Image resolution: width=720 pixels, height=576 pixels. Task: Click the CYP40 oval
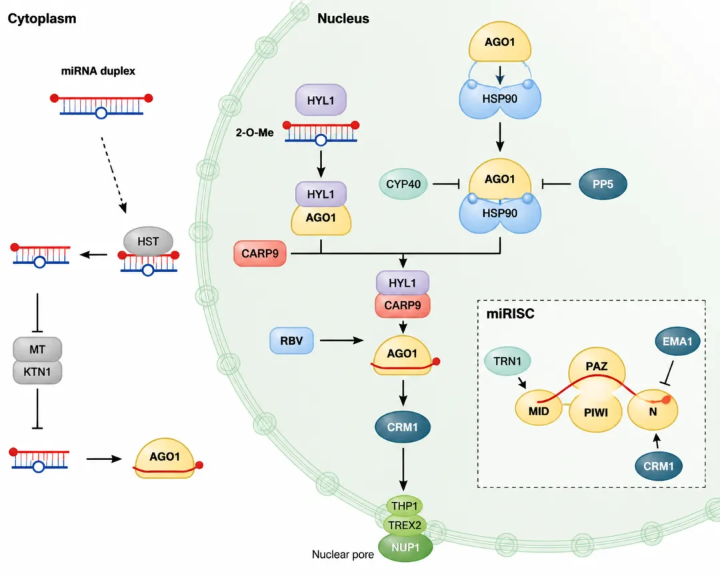(x=403, y=184)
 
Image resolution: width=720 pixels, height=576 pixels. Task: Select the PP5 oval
(x=603, y=184)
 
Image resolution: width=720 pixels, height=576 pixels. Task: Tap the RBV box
(x=291, y=341)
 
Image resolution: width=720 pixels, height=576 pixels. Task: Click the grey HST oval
(x=148, y=241)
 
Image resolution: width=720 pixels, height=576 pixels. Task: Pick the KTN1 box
(x=37, y=371)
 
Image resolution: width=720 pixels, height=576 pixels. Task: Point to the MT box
(x=37, y=349)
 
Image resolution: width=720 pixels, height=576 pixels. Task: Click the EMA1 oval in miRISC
(x=677, y=341)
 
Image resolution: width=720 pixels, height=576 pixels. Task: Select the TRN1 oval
(x=507, y=361)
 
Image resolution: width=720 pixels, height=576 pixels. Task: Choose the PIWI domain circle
(x=595, y=412)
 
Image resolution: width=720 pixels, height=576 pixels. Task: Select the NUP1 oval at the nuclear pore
(x=405, y=547)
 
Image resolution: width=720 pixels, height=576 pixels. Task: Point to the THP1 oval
(x=405, y=506)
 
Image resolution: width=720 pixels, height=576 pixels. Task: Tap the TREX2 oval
(x=405, y=525)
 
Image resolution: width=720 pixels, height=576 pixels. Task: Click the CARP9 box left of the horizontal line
(x=260, y=253)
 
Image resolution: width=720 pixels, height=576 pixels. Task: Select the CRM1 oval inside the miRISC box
(x=659, y=466)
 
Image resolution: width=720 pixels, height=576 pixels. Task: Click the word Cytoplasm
(x=42, y=19)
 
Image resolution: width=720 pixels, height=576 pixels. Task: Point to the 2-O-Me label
(x=255, y=132)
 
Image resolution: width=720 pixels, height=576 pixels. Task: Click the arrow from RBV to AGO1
(x=341, y=341)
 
